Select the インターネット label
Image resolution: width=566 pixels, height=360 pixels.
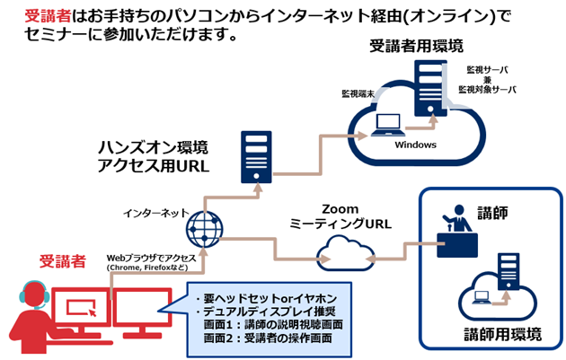[155, 213]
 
